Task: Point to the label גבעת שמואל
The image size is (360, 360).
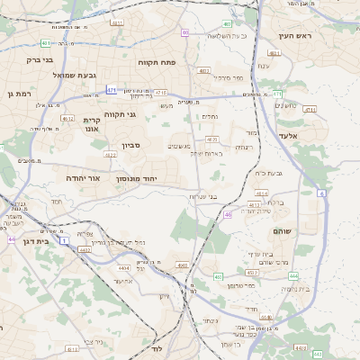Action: click(x=86, y=75)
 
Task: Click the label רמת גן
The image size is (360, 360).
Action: click(x=18, y=94)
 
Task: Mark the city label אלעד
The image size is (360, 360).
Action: click(x=313, y=135)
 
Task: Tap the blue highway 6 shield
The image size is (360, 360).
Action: click(x=321, y=193)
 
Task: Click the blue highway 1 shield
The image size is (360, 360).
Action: click(x=65, y=241)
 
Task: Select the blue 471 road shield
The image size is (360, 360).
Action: click(x=111, y=90)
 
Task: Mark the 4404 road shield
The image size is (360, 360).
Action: click(x=123, y=267)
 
